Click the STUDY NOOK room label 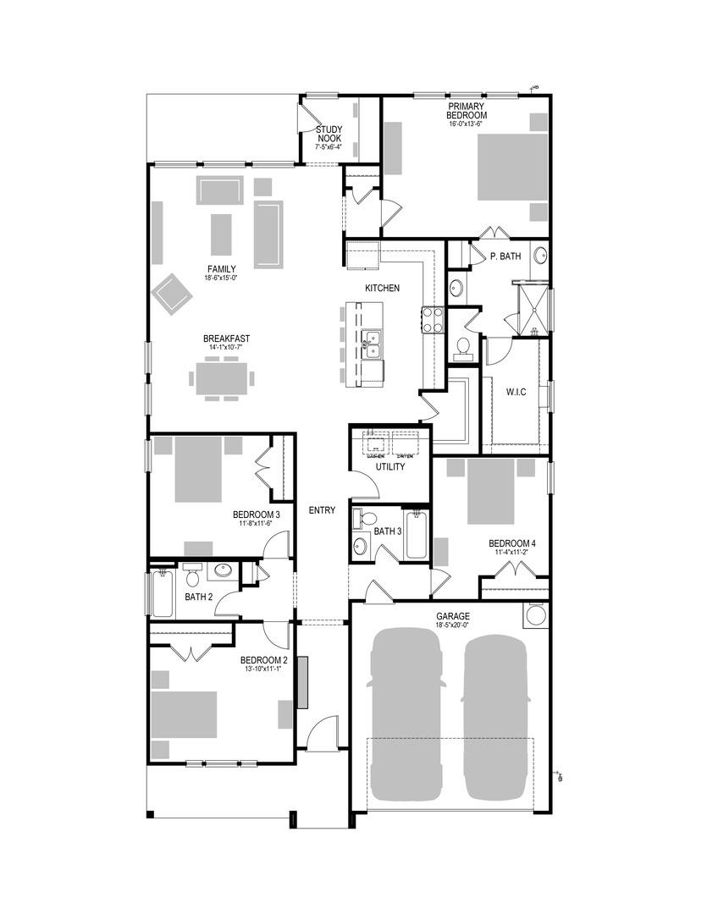[329, 134]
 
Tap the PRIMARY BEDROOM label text [467, 111]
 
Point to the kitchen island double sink [372, 344]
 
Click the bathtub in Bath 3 [416, 537]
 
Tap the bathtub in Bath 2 [162, 594]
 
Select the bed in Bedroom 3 [197, 470]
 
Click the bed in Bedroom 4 [490, 491]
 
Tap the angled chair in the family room [173, 293]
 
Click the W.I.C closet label [517, 392]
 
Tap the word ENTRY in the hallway [322, 510]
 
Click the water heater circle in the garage [535, 616]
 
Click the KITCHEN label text [382, 289]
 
